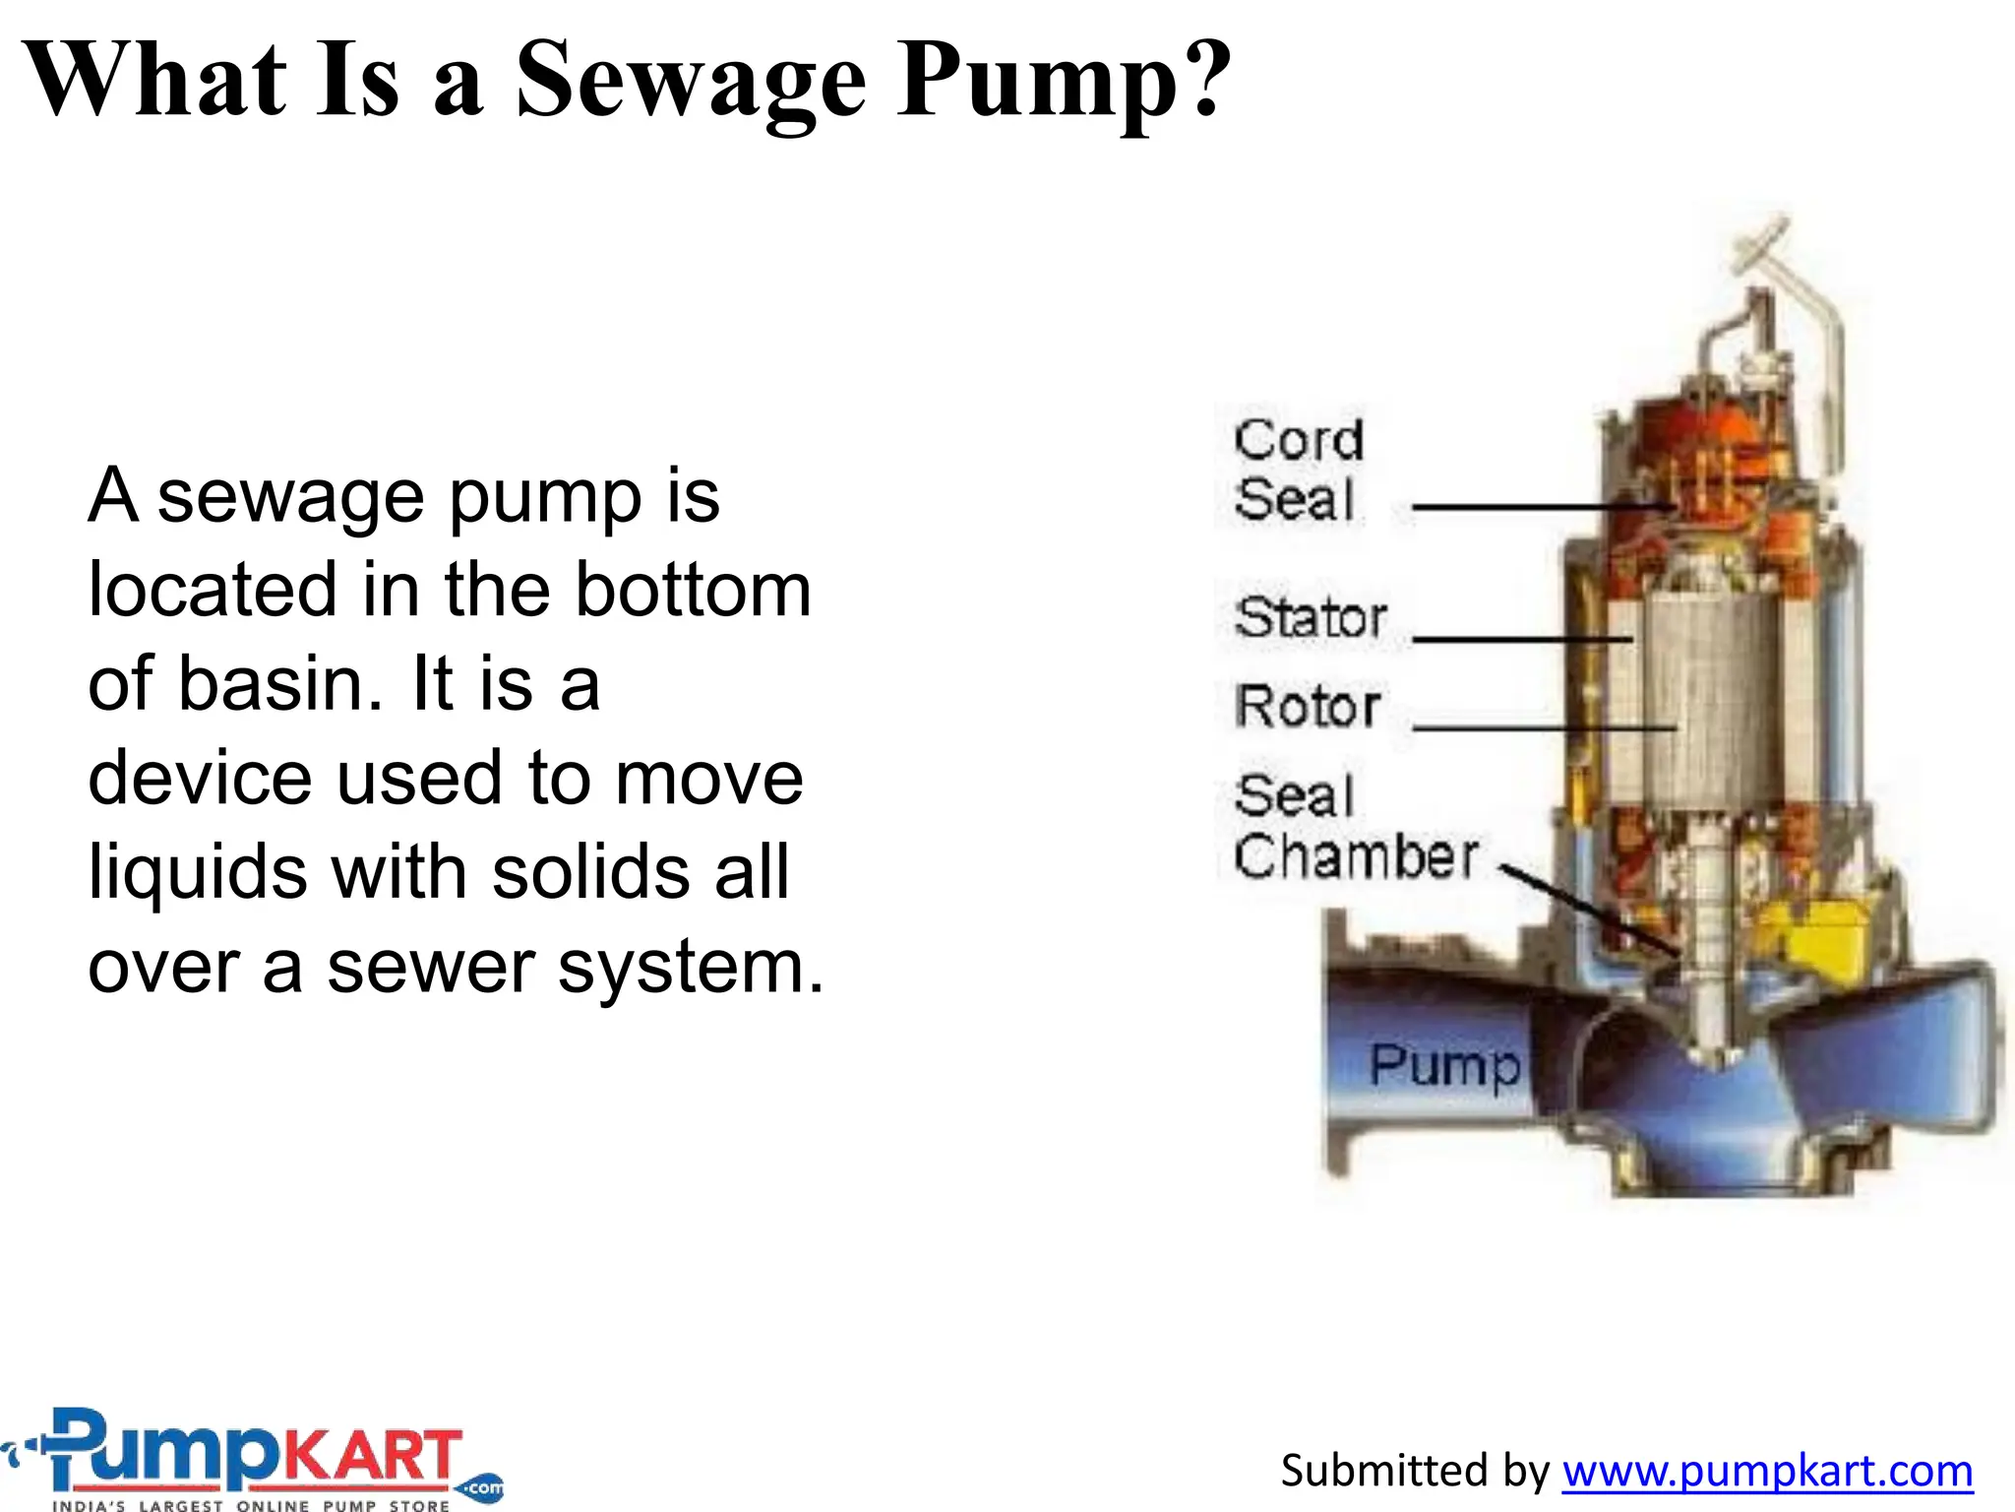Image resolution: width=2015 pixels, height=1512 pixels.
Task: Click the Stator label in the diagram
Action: (1310, 618)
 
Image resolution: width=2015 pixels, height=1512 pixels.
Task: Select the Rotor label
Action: (1308, 707)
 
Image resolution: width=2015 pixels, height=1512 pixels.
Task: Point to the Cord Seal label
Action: (1298, 470)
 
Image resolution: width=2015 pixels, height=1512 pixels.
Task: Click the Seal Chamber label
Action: (1354, 826)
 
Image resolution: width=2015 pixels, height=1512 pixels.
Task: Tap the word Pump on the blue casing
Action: (1444, 1066)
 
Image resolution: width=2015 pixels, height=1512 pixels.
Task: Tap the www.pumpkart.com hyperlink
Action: (1767, 1471)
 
